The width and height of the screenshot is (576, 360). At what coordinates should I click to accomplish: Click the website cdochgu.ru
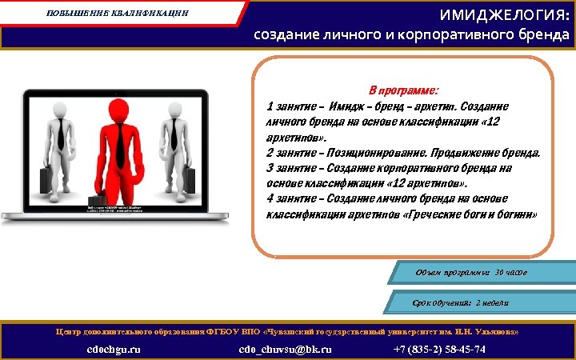coord(114,349)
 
